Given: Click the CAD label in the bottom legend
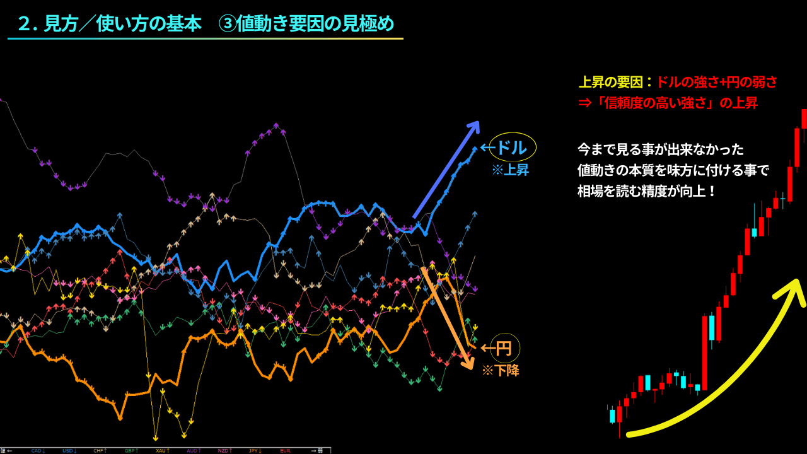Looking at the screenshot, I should click(x=38, y=450).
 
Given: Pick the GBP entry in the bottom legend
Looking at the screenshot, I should click(x=131, y=450).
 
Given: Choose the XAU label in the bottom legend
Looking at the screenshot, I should click(x=162, y=450).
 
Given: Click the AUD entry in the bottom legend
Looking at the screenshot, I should click(x=193, y=450).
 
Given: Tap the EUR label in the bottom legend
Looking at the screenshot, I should click(x=285, y=450).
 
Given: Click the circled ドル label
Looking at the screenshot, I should click(x=512, y=148).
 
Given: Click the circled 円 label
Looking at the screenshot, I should click(x=504, y=347).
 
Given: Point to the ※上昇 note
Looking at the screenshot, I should click(x=510, y=170).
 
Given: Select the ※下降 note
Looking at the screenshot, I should click(x=501, y=371).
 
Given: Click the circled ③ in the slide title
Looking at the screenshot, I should click(x=227, y=24).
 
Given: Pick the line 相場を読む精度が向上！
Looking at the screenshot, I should click(x=647, y=190).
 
